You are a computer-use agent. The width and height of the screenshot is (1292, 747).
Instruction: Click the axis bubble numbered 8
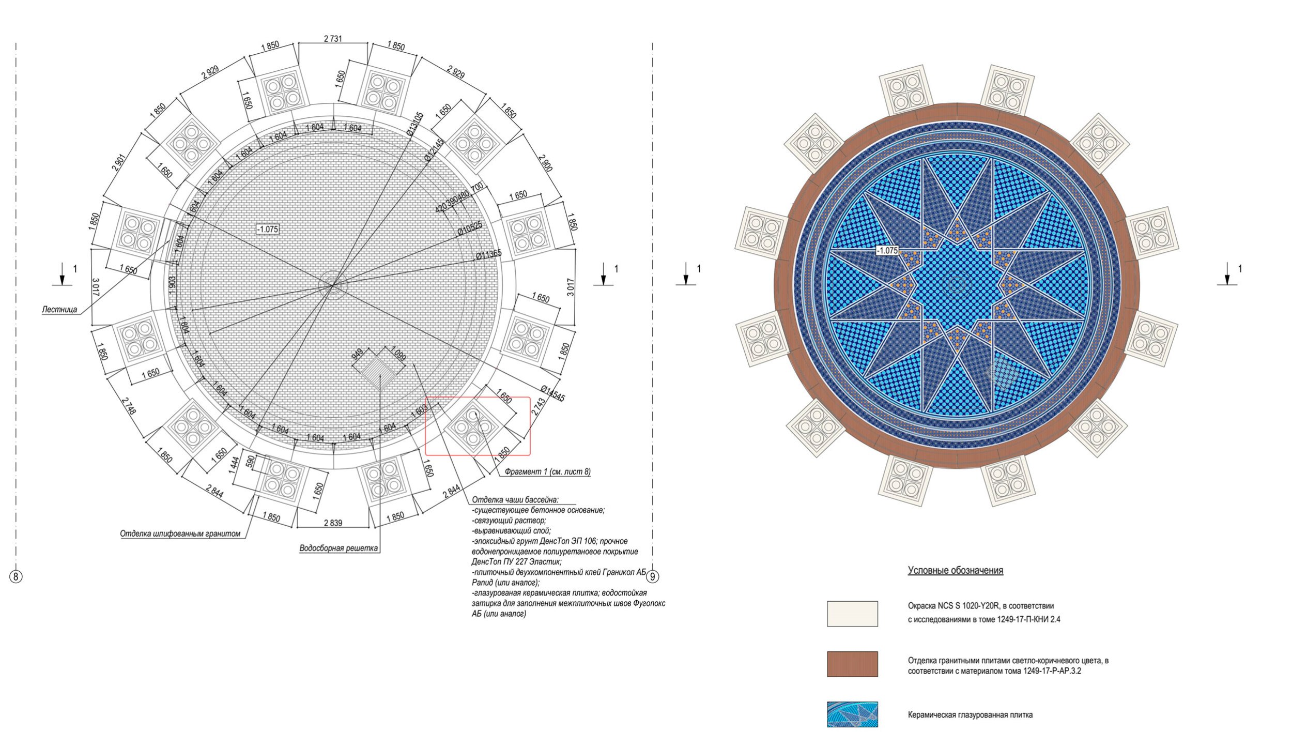pos(16,576)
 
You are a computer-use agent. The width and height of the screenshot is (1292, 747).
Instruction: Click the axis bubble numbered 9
pos(653,576)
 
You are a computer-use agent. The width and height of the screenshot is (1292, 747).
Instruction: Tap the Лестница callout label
pos(59,310)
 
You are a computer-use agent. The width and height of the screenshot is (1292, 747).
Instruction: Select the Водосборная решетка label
pos(339,548)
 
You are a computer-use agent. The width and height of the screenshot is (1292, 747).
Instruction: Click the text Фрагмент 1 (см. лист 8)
pos(548,472)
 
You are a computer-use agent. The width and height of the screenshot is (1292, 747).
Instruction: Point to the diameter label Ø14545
pos(553,393)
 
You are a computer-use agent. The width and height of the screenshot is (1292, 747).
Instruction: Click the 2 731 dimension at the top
pos(333,39)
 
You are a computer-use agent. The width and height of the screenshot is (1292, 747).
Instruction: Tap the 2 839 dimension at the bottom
pos(333,523)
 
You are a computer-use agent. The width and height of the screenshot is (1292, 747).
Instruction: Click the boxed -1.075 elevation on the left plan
pos(268,229)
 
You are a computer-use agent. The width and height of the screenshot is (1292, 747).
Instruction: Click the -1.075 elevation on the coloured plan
pos(887,251)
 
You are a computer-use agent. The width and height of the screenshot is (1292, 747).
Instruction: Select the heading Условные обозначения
pos(956,571)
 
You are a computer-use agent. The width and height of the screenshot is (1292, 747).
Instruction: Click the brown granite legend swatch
pos(852,664)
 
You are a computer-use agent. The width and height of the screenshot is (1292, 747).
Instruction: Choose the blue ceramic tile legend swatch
pos(852,714)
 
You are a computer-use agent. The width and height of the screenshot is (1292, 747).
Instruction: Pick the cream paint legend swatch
pos(852,614)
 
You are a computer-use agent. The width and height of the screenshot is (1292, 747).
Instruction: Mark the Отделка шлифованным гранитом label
pos(180,533)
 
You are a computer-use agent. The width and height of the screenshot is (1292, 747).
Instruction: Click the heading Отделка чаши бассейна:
pos(516,500)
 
